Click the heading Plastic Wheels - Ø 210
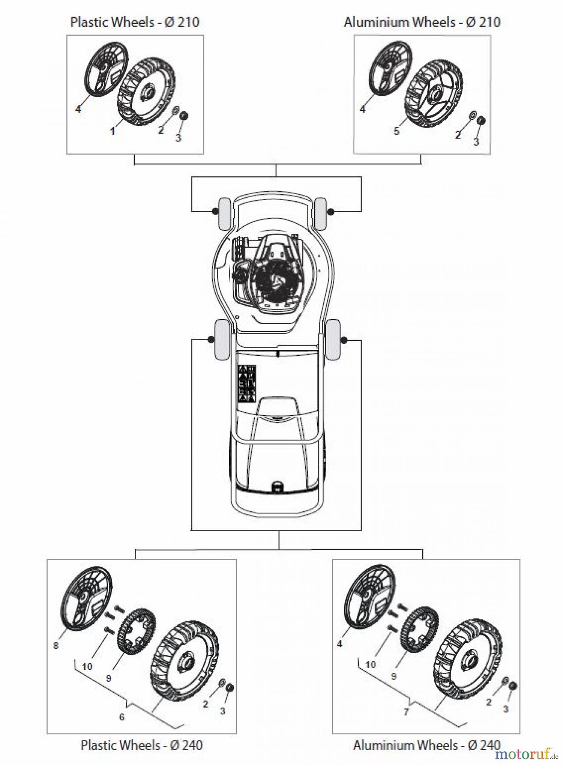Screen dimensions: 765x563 135,22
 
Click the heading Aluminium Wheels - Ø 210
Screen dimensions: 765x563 422,22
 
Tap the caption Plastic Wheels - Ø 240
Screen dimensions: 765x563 142,745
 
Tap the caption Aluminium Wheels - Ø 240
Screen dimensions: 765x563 427,745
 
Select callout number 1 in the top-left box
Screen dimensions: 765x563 112,131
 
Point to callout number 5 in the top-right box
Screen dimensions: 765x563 396,130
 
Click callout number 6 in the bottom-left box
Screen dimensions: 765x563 122,717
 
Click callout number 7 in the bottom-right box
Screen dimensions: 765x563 406,711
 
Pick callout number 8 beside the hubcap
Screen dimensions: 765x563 56,646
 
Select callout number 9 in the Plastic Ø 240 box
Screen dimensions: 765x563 108,678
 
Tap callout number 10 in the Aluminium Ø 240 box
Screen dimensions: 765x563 370,664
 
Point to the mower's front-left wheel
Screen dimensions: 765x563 224,214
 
